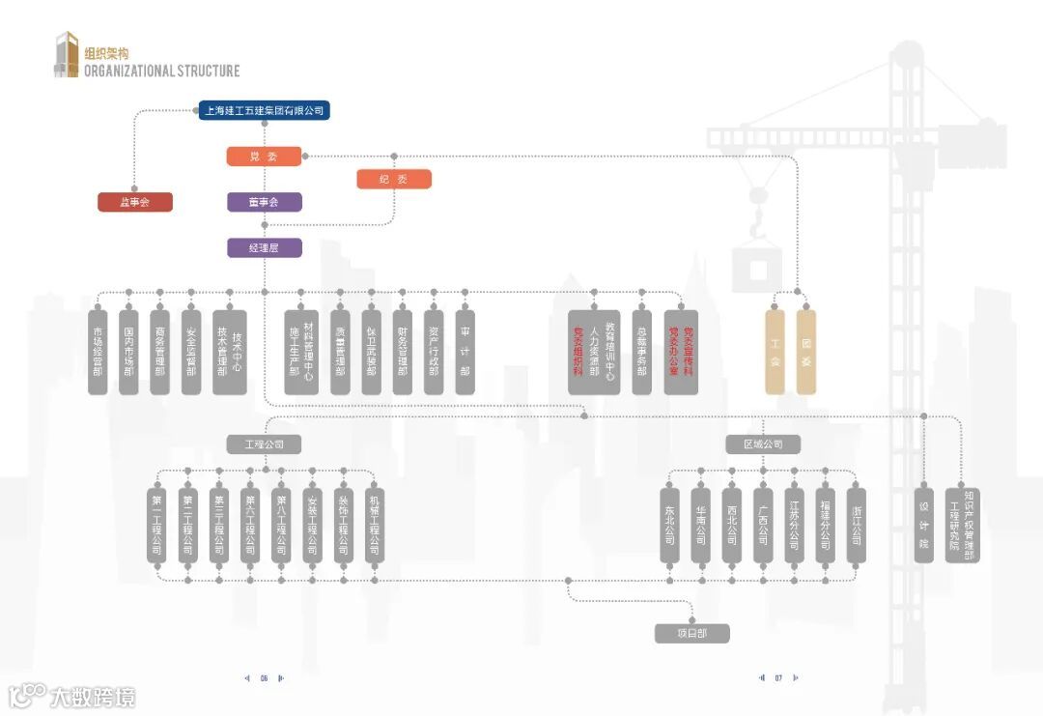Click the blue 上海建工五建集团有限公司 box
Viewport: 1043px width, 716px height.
(x=265, y=111)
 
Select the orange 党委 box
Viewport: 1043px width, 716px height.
(x=265, y=157)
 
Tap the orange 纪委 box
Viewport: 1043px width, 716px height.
(x=394, y=179)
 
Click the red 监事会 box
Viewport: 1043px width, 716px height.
(x=135, y=202)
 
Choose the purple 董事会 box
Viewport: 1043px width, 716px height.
(x=265, y=202)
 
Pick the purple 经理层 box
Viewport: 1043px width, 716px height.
(x=265, y=248)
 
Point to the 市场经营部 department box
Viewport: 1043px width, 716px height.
(x=98, y=352)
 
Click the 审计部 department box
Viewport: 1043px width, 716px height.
(x=465, y=352)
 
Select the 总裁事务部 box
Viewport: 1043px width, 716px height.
(x=641, y=352)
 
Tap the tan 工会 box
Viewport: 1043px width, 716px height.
(x=775, y=352)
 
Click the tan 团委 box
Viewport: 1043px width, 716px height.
(x=805, y=352)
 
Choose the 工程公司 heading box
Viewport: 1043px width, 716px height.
(x=265, y=444)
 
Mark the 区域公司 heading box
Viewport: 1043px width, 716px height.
(x=763, y=444)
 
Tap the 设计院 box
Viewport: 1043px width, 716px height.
(x=924, y=523)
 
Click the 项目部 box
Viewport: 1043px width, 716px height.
(x=691, y=634)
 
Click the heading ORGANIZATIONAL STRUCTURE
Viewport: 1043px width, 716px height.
(x=161, y=71)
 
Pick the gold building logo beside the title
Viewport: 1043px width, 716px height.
(x=66, y=55)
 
